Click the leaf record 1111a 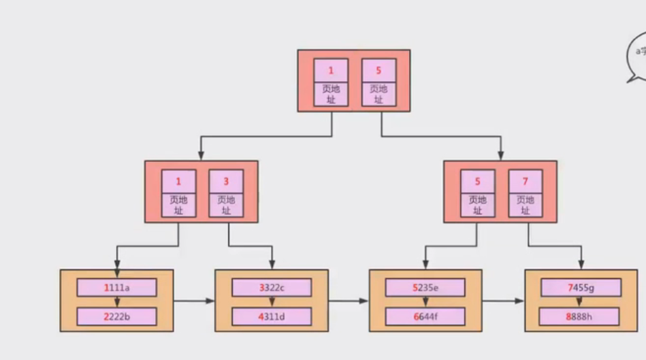point(117,287)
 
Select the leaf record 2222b point(117,316)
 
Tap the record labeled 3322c point(272,287)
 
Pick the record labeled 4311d point(272,316)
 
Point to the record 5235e point(425,287)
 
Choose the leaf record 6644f point(425,316)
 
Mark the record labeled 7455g point(581,287)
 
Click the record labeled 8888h point(581,316)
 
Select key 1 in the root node point(331,70)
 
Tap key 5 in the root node point(378,70)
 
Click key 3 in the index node point(226,182)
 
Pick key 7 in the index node point(526,182)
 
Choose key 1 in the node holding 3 point(178,182)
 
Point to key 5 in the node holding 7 point(478,182)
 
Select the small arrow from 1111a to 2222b point(117,302)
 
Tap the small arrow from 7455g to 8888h point(581,302)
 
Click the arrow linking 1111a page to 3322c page point(194,300)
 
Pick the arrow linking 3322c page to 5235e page point(349,300)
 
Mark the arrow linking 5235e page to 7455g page point(503,300)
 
